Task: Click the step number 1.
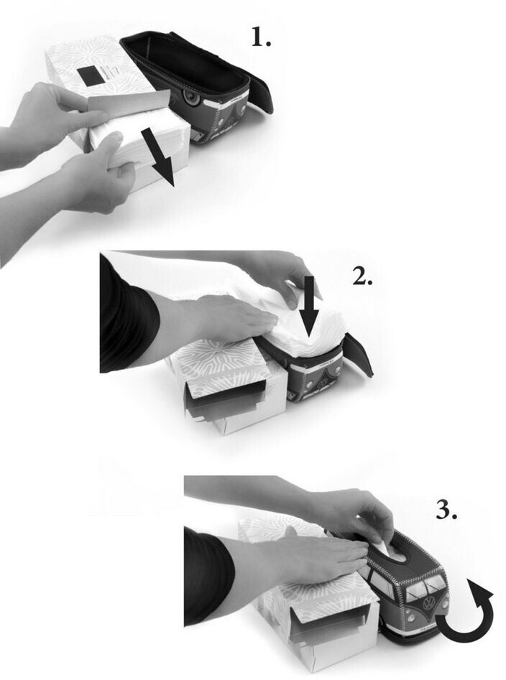coord(261,37)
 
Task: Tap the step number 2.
coord(362,276)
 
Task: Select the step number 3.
coord(446,510)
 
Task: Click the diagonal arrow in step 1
coord(158,158)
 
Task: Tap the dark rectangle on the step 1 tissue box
coord(91,76)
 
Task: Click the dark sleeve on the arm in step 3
coord(209,577)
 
